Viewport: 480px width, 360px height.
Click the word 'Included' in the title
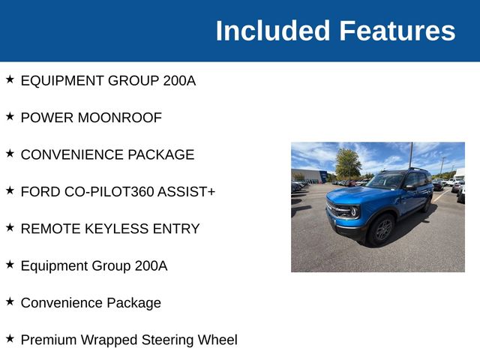(273, 31)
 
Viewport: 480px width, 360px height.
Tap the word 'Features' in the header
(397, 31)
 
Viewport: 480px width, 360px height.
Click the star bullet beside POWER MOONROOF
(10, 116)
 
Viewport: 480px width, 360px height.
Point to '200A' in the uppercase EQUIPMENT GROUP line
(179, 81)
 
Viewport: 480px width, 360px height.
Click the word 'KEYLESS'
(113, 229)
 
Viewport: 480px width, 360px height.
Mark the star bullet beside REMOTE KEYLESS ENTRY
(10, 227)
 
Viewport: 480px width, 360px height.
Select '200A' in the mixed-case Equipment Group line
(151, 265)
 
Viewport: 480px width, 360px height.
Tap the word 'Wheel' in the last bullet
(217, 340)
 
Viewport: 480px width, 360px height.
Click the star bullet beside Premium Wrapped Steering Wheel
(10, 338)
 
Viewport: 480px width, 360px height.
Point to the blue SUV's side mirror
(409, 187)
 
